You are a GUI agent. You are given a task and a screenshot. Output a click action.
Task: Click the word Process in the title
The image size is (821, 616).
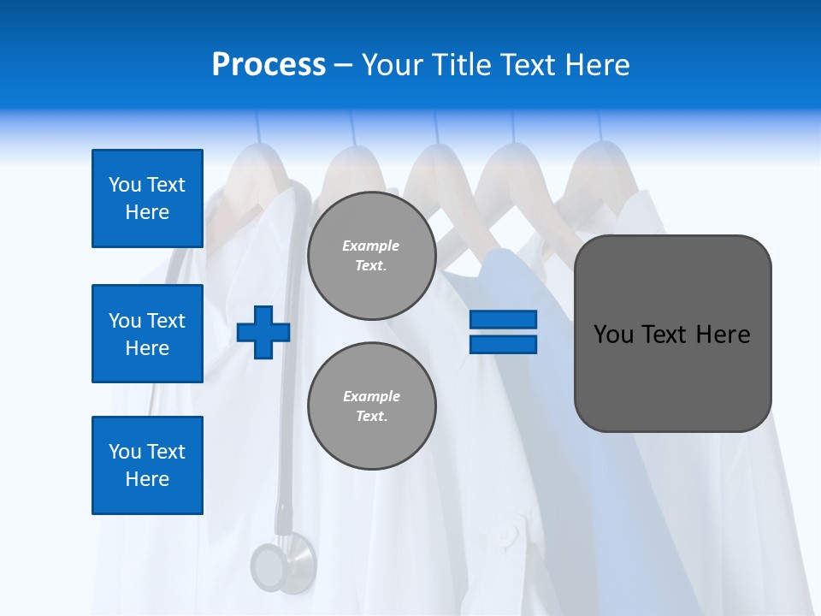tap(269, 65)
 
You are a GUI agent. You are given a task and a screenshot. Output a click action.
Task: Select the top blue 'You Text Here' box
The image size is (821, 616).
tap(147, 198)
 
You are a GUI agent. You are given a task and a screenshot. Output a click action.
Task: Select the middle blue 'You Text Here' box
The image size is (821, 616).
tap(147, 334)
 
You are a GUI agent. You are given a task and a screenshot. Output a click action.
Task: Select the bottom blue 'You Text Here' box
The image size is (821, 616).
tap(147, 465)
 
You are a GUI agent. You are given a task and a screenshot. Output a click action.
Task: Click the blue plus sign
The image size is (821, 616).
tap(263, 332)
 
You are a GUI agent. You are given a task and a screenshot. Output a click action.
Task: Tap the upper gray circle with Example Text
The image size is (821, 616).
tap(371, 256)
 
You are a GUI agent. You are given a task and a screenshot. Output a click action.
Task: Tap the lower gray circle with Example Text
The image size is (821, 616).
tap(371, 406)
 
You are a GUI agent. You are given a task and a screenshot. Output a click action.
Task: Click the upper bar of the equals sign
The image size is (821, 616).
tap(503, 319)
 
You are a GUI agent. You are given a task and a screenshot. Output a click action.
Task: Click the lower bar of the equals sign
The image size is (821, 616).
tap(503, 344)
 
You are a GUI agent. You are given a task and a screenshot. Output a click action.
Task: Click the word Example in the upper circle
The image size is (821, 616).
tap(371, 246)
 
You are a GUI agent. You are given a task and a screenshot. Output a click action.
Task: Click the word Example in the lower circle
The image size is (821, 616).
tap(371, 396)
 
